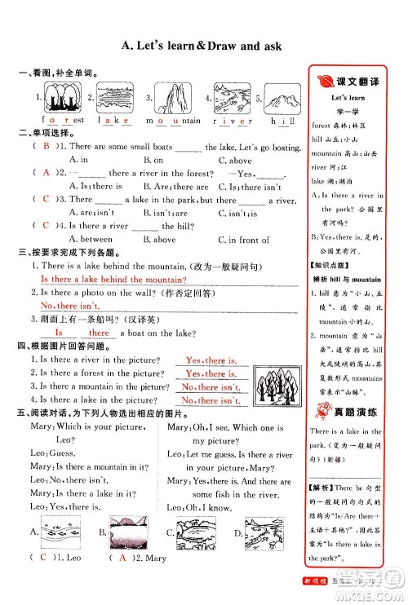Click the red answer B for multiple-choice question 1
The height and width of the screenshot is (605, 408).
point(47,147)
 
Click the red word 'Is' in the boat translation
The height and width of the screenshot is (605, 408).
point(58,333)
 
